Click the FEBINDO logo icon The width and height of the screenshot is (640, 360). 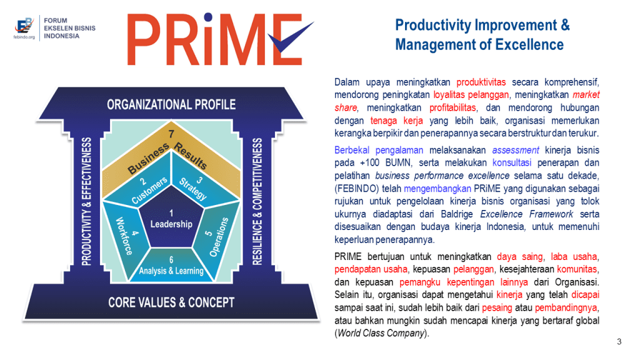click(x=24, y=26)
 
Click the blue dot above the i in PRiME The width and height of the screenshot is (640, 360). click(x=208, y=17)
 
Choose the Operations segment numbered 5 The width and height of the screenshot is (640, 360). click(x=216, y=236)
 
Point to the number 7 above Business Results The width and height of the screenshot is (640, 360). click(x=171, y=134)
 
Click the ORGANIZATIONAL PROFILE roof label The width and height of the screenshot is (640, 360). click(x=171, y=104)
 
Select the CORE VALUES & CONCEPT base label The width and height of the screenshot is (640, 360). click(x=171, y=302)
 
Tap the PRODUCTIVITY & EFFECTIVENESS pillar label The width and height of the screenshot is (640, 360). click(x=86, y=202)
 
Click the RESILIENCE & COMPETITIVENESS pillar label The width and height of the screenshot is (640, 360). click(x=257, y=202)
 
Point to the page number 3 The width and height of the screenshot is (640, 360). click(x=619, y=342)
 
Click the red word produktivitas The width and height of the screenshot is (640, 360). click(x=481, y=82)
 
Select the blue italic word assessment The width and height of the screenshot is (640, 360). click(x=516, y=150)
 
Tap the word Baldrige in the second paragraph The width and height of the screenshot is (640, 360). click(x=457, y=214)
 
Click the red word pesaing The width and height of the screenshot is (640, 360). click(x=497, y=307)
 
